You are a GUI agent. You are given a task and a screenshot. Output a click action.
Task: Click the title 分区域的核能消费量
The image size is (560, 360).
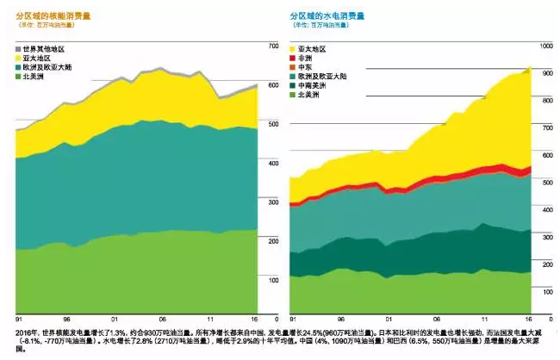[x=53, y=16]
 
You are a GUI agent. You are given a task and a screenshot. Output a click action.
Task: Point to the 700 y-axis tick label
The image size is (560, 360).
[x=274, y=46]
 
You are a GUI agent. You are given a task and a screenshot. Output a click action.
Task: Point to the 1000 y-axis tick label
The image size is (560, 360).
[x=544, y=46]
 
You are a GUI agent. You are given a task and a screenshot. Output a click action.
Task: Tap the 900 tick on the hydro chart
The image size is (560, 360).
[x=544, y=73]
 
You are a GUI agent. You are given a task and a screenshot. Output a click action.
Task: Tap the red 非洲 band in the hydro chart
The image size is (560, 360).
[x=431, y=184]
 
